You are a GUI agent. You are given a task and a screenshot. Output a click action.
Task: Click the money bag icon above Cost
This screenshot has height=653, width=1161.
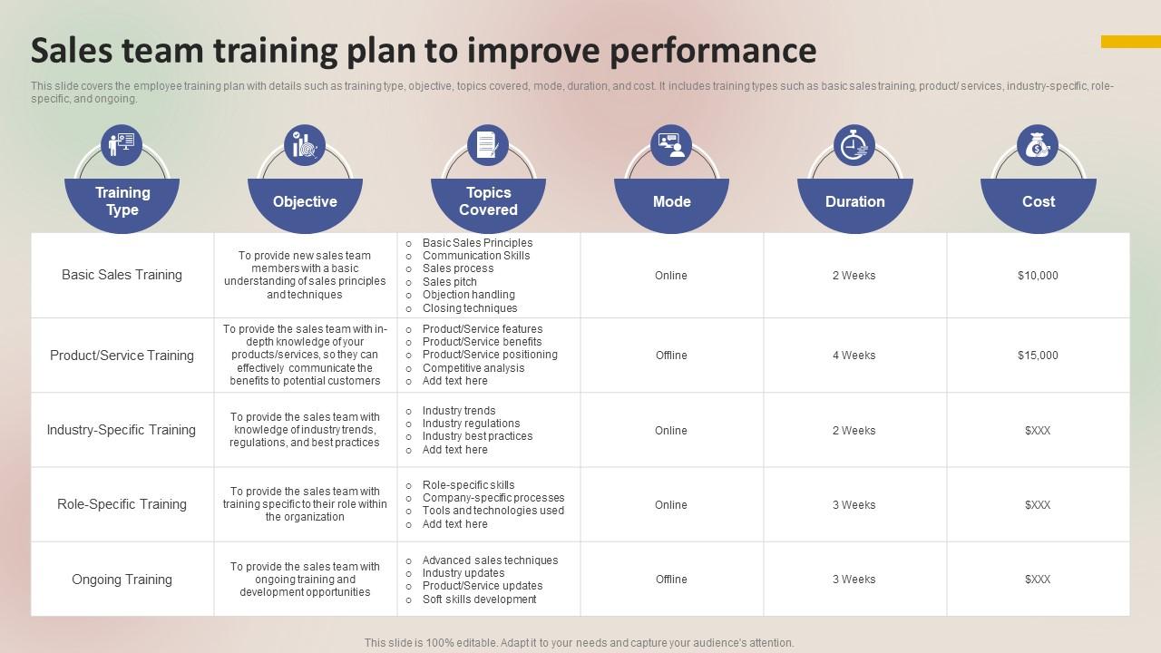pos(1038,145)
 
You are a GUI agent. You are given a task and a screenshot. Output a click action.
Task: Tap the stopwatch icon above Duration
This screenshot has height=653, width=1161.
pos(854,145)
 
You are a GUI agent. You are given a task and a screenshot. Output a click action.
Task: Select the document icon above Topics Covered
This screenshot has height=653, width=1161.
pos(488,145)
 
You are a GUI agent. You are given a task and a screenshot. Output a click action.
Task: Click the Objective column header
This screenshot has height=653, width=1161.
pos(305,201)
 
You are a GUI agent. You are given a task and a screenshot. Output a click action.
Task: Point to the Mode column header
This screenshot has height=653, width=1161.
pos(671,201)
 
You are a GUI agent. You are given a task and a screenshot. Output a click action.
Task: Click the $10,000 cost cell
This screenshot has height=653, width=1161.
pos(1038,276)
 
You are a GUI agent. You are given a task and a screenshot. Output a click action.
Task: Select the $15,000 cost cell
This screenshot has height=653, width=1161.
pos(1038,356)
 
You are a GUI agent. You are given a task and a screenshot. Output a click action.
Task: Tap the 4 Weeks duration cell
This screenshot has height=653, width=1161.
pos(854,356)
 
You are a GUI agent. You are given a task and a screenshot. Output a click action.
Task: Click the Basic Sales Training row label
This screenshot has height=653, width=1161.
pos(122,275)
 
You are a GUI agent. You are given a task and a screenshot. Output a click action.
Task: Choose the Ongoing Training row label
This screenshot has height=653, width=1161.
pos(122,580)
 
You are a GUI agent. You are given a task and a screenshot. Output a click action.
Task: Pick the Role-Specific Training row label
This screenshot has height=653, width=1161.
pos(122,504)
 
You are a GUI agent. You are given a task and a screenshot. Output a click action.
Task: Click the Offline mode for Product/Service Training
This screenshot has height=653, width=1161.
pos(671,356)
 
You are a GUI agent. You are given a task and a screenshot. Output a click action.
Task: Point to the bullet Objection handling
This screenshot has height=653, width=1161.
pos(468,295)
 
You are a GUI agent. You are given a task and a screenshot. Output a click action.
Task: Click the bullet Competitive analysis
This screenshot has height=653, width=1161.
pos(473,368)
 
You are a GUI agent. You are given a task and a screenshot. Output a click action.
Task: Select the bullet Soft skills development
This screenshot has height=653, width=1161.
pos(479,599)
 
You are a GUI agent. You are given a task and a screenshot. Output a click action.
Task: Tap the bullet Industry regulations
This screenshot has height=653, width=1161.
pos(471,424)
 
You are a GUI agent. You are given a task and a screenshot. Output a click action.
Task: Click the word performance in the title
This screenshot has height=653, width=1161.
pos(712,51)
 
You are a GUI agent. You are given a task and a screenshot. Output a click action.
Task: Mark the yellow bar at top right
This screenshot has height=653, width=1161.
pos(1130,42)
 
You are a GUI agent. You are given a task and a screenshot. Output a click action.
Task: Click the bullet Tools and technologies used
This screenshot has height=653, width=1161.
pos(493,511)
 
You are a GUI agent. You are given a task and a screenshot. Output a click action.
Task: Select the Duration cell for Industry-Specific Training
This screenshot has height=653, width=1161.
pos(854,431)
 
